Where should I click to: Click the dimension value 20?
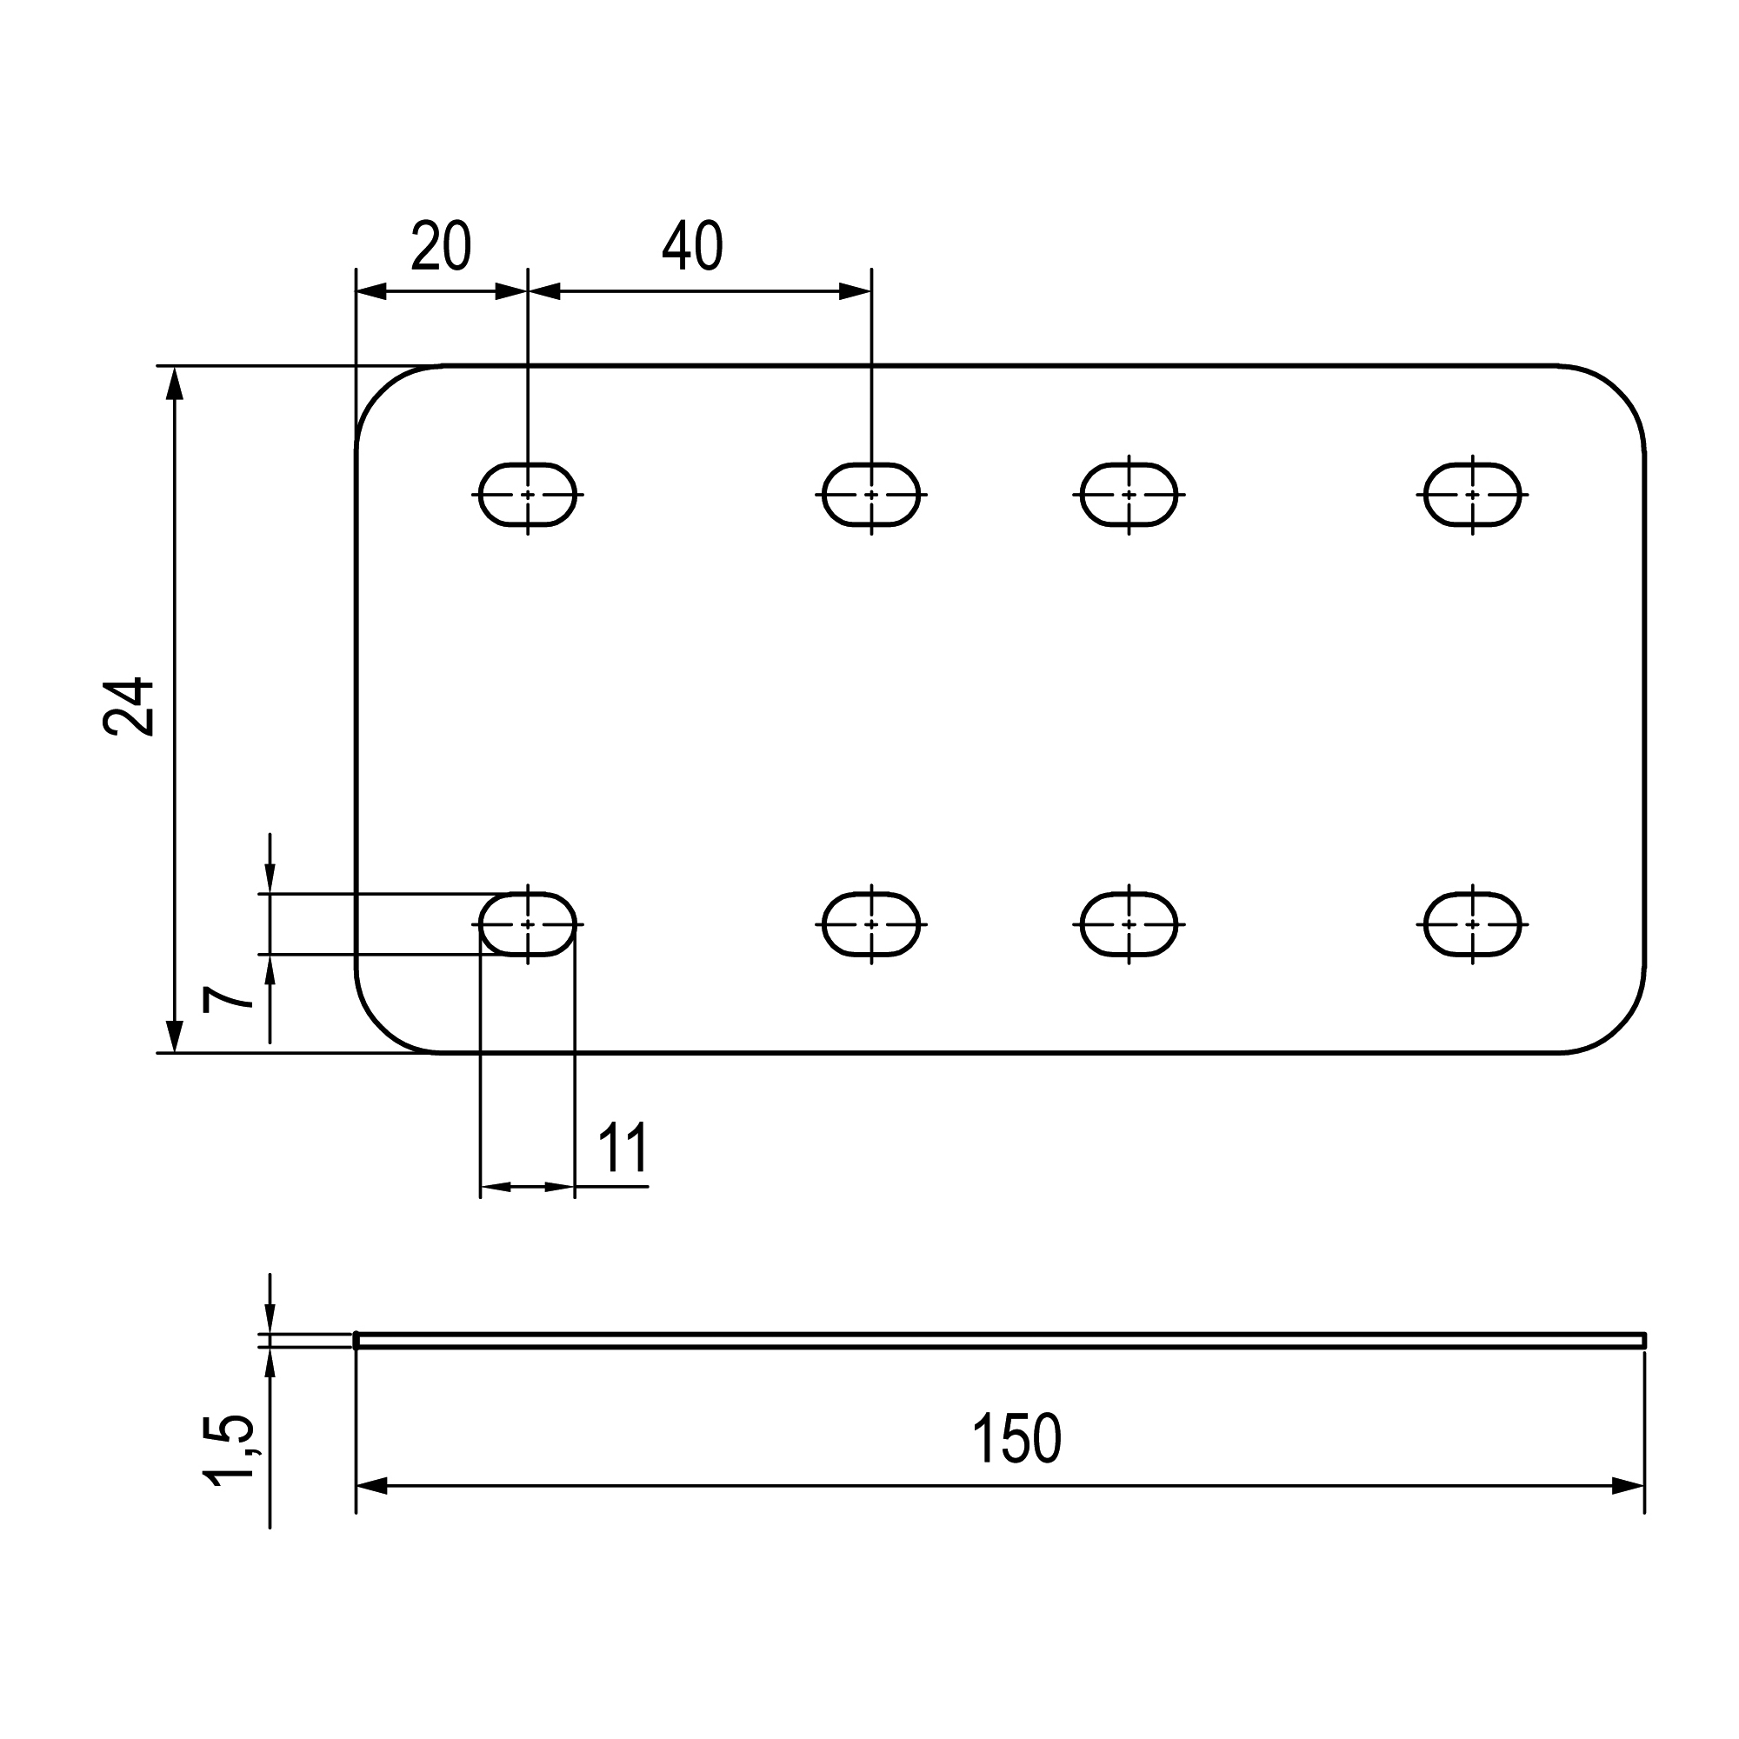(441, 246)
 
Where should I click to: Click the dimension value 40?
(692, 246)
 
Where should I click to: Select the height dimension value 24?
(130, 708)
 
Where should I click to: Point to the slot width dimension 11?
(623, 1149)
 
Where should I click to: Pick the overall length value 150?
(1016, 1439)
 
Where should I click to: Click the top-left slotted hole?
(528, 494)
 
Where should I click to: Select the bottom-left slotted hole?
(528, 924)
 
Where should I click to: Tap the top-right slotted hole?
(1473, 494)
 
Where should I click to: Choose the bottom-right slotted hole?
(1473, 924)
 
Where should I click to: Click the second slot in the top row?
(871, 494)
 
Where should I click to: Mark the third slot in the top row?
(1129, 494)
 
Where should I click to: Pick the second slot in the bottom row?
(871, 924)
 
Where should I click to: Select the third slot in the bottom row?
(1129, 924)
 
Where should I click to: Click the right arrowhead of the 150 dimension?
(1629, 1486)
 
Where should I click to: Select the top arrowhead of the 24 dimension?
(175, 383)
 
